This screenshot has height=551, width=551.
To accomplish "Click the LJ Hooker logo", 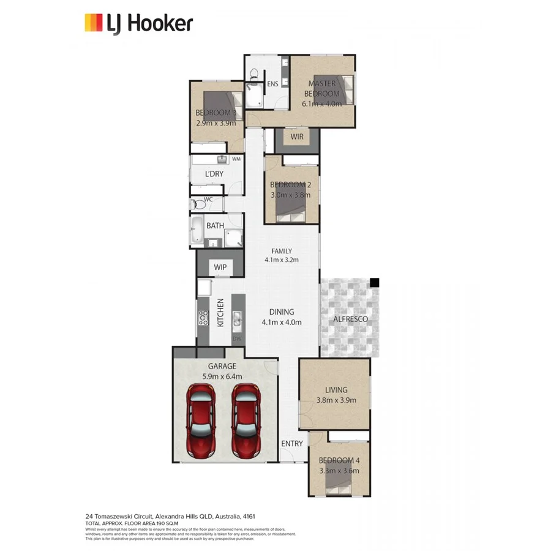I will tap(138, 23).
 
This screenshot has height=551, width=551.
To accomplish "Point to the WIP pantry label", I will tap(220, 267).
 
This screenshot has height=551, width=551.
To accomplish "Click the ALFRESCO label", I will tap(350, 320).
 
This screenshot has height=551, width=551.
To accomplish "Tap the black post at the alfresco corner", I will tap(375, 282).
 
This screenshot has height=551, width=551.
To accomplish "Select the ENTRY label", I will tap(292, 443).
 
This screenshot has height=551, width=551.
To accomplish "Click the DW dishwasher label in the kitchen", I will tap(237, 339).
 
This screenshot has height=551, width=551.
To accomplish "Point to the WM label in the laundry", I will tap(236, 159).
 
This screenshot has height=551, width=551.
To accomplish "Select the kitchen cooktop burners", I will tap(203, 318).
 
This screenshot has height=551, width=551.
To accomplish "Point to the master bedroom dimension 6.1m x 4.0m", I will tap(323, 103).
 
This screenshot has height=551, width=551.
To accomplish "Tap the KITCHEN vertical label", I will tap(220, 312).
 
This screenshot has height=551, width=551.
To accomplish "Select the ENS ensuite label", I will tap(272, 84).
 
